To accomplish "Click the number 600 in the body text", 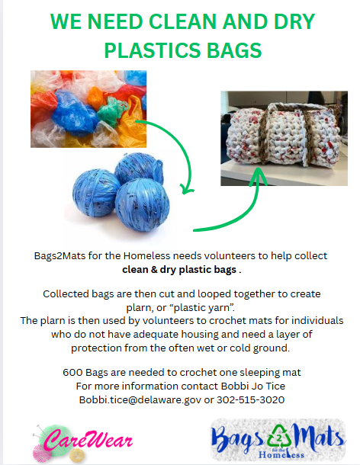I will [73, 373].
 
